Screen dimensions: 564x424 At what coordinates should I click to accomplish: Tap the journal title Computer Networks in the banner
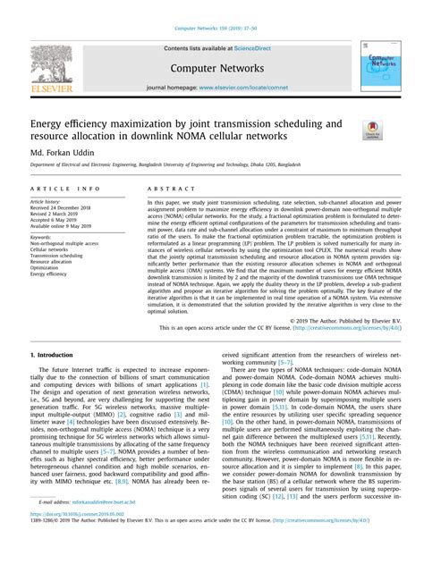pyautogui.click(x=212, y=66)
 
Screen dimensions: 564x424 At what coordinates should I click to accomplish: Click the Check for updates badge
pyautogui.click(x=372, y=130)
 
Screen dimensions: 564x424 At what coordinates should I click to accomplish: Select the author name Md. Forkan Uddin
pyautogui.click(x=63, y=153)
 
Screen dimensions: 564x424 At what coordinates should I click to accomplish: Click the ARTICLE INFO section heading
pyautogui.click(x=65, y=190)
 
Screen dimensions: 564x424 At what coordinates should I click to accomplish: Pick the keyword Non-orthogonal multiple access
pyautogui.click(x=64, y=242)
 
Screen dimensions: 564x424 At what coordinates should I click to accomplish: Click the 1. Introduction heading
pyautogui.click(x=57, y=355)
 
